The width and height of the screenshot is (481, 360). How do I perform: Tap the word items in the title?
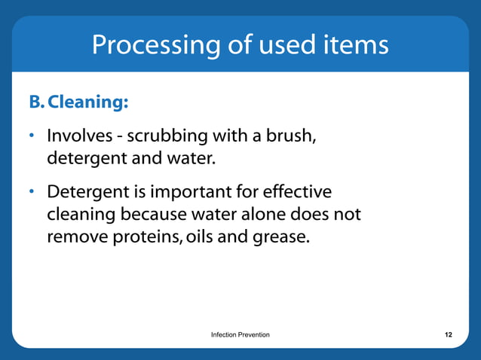click(354, 45)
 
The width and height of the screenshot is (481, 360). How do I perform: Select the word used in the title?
click(284, 45)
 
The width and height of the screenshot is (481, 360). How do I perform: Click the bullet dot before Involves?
click(32, 138)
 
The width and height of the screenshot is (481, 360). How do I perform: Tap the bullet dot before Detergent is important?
click(32, 192)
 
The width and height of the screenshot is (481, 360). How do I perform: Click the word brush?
click(289, 138)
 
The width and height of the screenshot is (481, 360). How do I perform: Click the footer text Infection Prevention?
click(240, 334)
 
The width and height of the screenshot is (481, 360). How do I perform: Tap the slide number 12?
click(448, 334)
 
